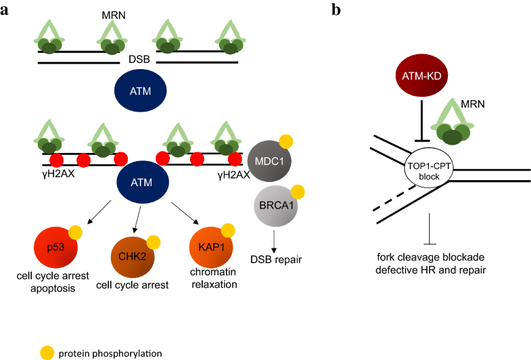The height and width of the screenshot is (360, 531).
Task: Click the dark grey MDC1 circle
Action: pos(267,160)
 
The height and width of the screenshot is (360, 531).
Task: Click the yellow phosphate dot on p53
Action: pos(75,233)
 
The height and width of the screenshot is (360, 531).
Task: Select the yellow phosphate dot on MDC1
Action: pos(286,141)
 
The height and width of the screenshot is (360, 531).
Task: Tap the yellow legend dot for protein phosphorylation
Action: pos(45,351)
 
